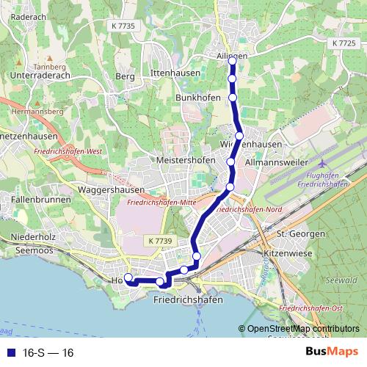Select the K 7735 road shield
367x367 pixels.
coord(126,26)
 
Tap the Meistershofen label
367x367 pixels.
coord(186,160)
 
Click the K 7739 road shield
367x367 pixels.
coord(159,241)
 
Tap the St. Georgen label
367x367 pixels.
coord(301,233)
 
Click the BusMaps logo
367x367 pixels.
coord(332,352)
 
